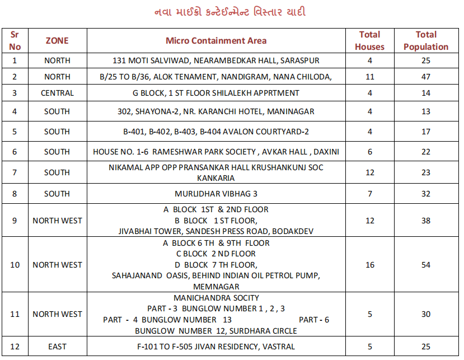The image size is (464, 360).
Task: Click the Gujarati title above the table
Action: (x=230, y=12)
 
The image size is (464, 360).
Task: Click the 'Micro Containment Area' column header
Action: (x=216, y=41)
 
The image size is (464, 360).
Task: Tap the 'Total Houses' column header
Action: (x=369, y=41)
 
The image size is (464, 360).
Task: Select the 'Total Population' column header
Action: (x=426, y=41)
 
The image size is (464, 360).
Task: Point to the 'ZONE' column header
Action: (x=57, y=41)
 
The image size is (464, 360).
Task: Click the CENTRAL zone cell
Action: (x=57, y=93)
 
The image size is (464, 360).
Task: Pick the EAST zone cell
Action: (x=57, y=347)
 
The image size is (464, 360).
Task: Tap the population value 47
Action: (x=426, y=77)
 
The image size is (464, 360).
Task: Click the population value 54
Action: (x=426, y=265)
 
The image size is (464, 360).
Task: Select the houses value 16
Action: (x=369, y=265)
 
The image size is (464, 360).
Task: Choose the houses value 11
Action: (x=369, y=77)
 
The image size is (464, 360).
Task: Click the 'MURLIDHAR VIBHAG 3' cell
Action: (x=216, y=194)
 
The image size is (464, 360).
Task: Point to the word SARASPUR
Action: (x=300, y=60)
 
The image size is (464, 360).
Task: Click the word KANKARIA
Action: (x=216, y=178)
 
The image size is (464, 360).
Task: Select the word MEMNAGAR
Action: (x=216, y=287)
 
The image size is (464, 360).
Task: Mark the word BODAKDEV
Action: (x=294, y=231)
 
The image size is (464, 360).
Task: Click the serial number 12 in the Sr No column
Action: (x=15, y=347)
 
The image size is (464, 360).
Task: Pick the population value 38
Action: (x=426, y=221)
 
